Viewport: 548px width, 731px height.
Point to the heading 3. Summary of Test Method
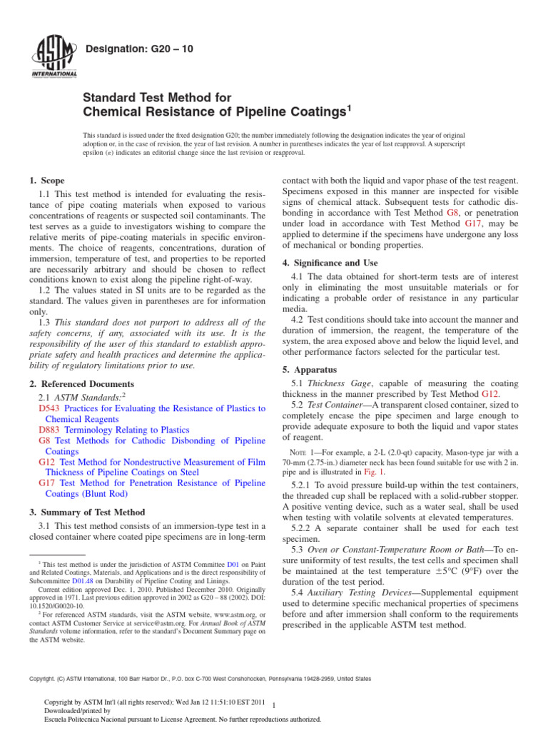[86, 512]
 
